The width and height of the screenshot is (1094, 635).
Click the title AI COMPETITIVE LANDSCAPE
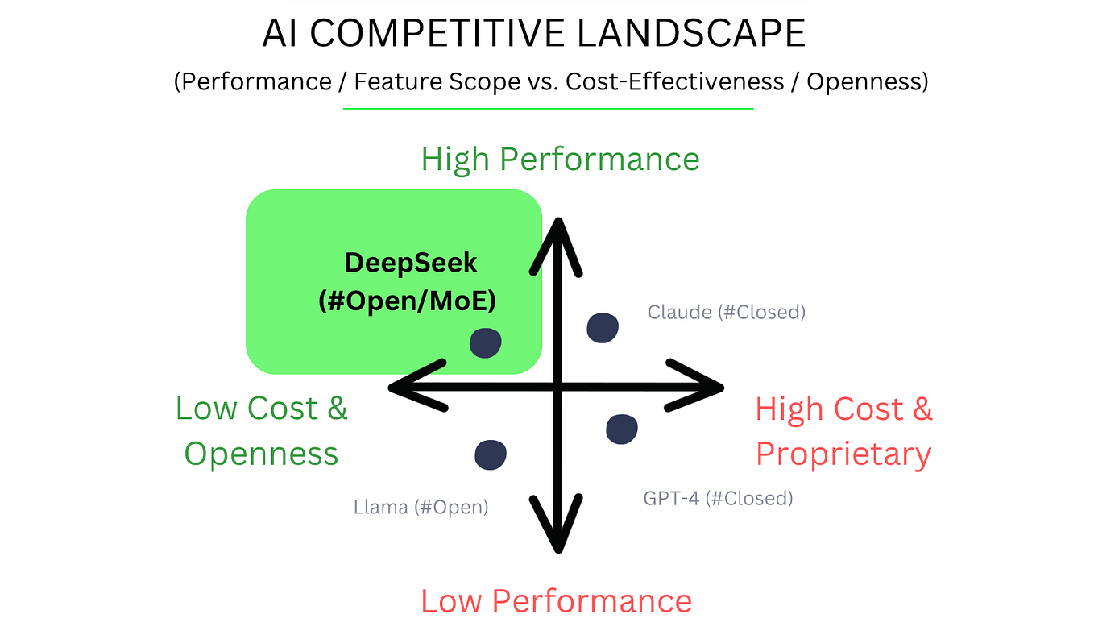534,33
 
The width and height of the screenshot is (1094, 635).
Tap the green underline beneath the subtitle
548,109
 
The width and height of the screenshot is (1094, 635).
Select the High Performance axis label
560,160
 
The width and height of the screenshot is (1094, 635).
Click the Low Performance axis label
557,601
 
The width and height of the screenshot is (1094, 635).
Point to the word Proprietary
843,454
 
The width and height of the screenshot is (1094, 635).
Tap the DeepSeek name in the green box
411,263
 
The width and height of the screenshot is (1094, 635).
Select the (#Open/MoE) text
407,301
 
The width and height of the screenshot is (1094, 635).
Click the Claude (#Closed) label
726,312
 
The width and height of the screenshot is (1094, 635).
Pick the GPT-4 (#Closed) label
718,498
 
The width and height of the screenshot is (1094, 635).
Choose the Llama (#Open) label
421,507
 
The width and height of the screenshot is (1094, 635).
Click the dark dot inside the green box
486,343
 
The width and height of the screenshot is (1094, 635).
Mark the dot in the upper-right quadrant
603,328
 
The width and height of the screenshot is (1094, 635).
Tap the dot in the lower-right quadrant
622,430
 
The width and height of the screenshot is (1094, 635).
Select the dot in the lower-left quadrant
491,454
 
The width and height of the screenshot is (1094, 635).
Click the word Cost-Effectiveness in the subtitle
675,81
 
